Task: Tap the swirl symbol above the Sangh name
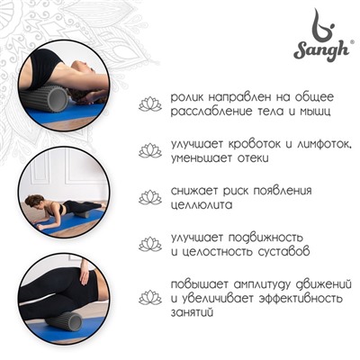click(316, 24)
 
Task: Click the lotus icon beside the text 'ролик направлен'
click(149, 104)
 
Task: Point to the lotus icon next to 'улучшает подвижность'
click(149, 243)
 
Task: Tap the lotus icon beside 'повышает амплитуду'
click(149, 297)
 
